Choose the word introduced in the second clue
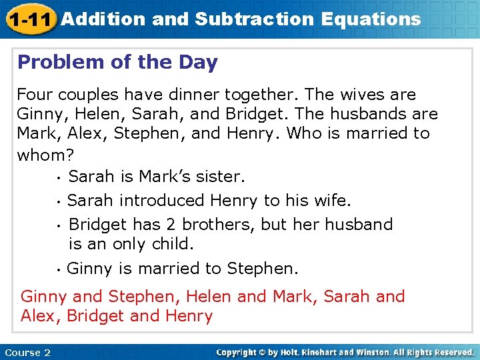pyautogui.click(x=162, y=200)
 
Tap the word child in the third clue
pyautogui.click(x=171, y=244)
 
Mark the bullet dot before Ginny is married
pyautogui.click(x=59, y=269)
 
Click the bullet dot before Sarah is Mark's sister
pyautogui.click(x=59, y=178)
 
